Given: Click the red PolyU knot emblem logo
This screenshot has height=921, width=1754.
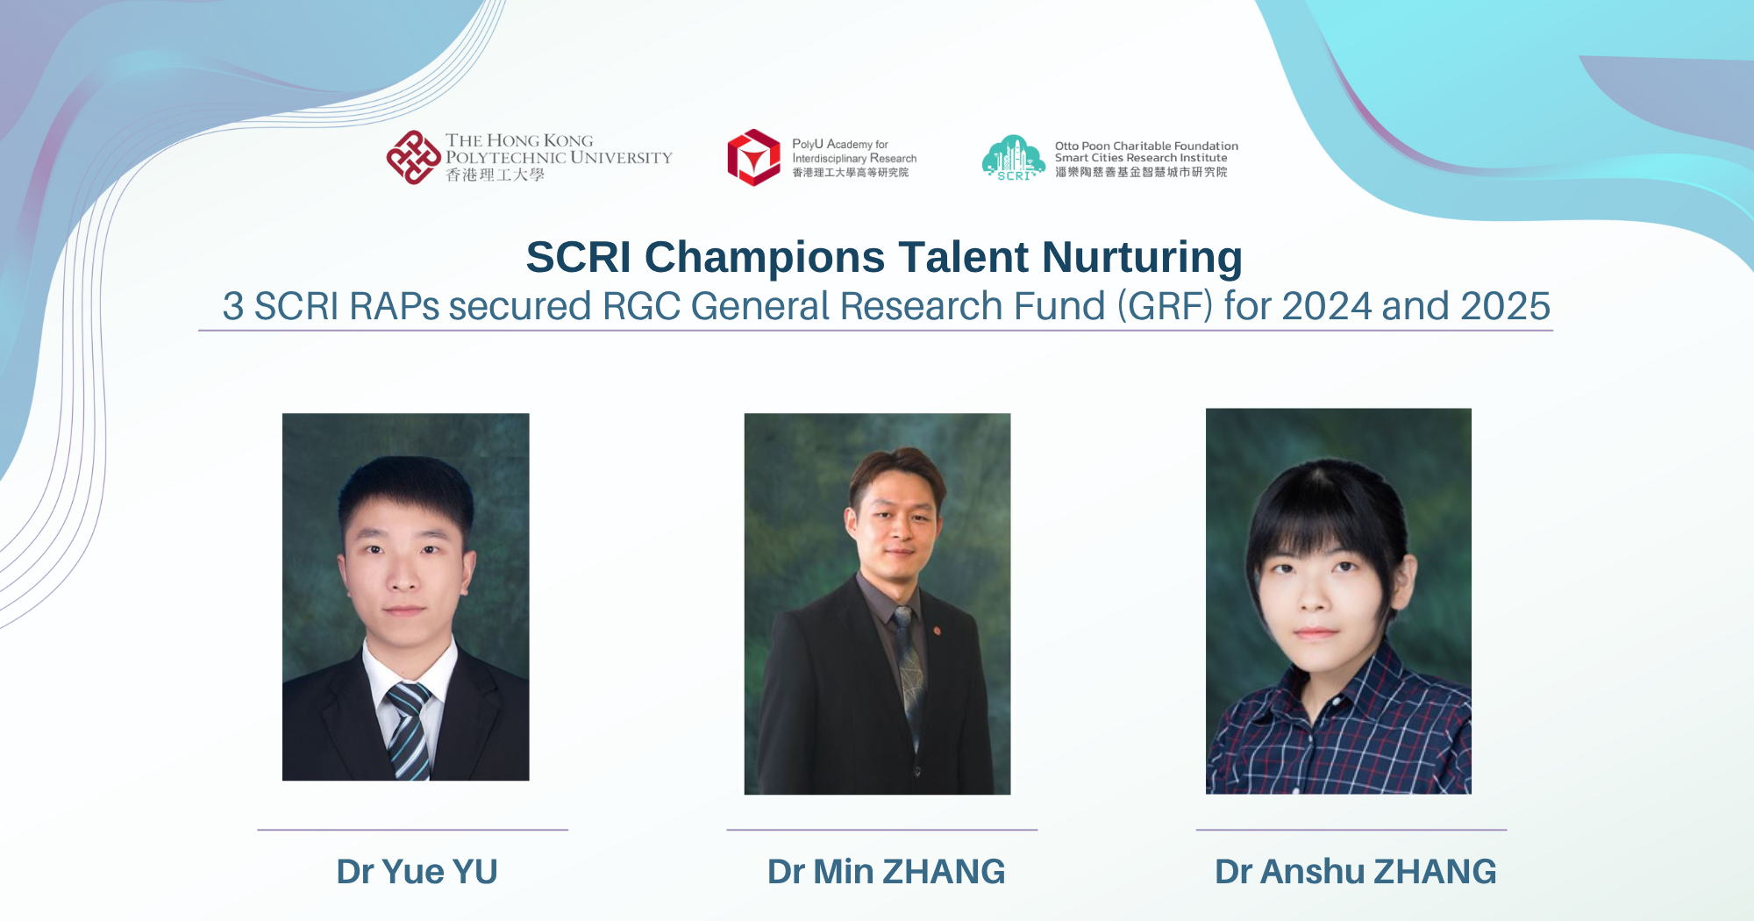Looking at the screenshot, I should pos(413,158).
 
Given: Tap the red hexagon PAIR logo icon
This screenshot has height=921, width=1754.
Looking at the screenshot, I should pos(753,158).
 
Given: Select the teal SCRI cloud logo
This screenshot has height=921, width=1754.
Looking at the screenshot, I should pos(1013,158).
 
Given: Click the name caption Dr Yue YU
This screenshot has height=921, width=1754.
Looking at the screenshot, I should pos(417,872).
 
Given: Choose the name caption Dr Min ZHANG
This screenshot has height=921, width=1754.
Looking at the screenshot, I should pos(886,872).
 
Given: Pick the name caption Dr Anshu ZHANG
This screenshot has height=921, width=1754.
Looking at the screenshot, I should pos(1355,872).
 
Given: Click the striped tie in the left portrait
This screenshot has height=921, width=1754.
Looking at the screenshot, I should pos(409,728).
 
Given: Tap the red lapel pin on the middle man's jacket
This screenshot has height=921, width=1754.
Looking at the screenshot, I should pos(938,631).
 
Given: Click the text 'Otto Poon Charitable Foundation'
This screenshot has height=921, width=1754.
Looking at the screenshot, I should pos(1146,146).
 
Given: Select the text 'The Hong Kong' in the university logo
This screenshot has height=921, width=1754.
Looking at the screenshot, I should pos(518,140).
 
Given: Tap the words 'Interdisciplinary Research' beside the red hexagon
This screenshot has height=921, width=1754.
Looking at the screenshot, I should pos(854,159).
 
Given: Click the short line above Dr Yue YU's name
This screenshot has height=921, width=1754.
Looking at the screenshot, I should pos(412,830).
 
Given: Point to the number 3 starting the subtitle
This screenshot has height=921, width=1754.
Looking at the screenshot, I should pos(232,306).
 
